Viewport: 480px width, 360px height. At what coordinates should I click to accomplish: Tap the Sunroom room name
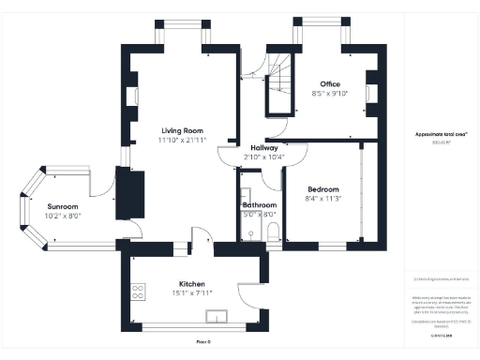(x=64, y=205)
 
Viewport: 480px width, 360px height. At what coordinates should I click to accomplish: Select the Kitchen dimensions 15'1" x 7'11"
(x=191, y=293)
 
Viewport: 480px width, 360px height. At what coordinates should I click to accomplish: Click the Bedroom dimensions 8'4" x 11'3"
(x=323, y=199)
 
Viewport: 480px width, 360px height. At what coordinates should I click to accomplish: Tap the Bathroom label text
(x=259, y=204)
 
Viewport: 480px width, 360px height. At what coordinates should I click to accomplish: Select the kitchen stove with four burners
(x=138, y=292)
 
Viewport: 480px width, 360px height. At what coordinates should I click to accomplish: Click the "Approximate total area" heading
(x=442, y=134)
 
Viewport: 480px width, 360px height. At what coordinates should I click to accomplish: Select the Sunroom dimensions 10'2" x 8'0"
(x=64, y=215)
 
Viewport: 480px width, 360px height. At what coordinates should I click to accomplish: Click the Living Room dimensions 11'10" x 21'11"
(x=183, y=140)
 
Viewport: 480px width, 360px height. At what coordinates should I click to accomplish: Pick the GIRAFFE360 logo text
(x=441, y=335)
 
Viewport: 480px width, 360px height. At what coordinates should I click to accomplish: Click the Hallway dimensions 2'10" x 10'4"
(x=262, y=157)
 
